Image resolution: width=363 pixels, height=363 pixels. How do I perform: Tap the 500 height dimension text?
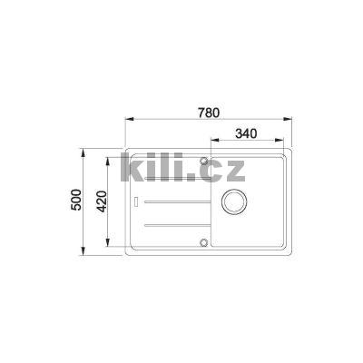coord(76,200)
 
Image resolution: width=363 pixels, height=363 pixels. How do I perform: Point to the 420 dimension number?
coord(102,200)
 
